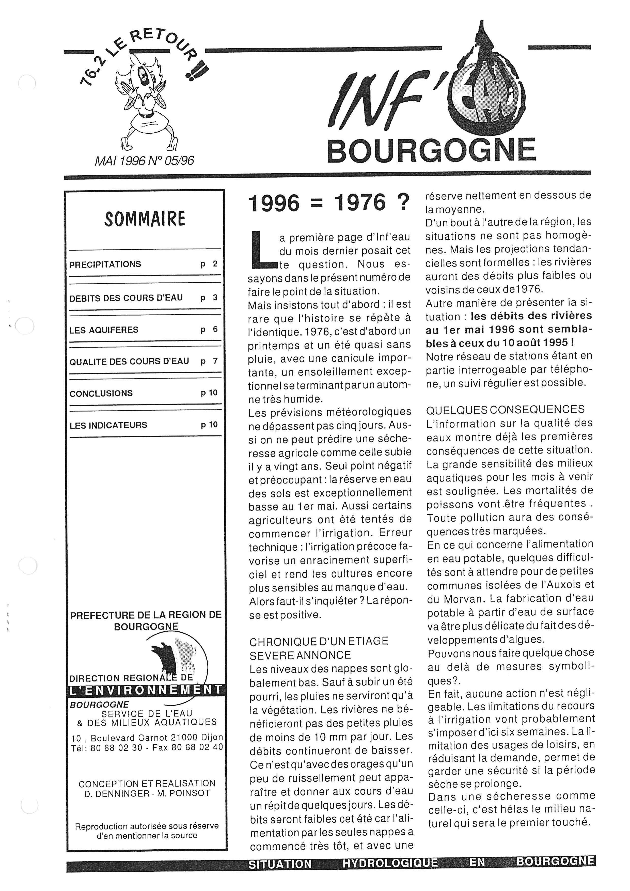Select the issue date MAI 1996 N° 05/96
pyautogui.click(x=144, y=161)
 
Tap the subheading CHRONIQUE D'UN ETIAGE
pyautogui.click(x=319, y=641)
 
